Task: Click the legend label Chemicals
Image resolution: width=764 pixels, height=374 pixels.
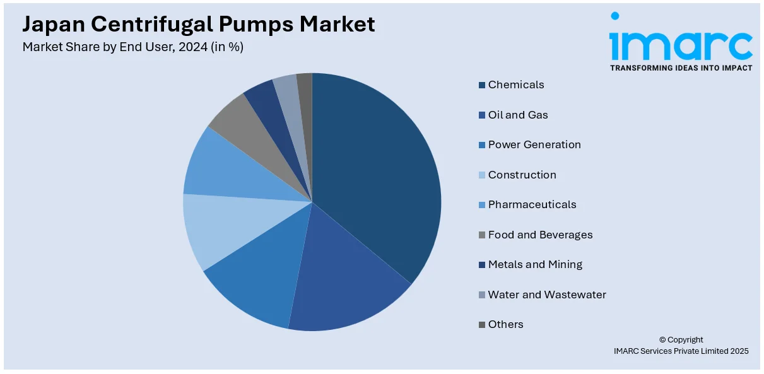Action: click(515, 85)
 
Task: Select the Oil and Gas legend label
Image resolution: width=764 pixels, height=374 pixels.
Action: click(518, 115)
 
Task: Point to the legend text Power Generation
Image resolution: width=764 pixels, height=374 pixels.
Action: click(534, 144)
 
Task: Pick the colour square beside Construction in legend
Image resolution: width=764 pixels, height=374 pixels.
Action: click(482, 175)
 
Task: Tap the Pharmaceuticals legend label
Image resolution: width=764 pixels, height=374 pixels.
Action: click(532, 204)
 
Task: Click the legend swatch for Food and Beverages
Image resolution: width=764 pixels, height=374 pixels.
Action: click(482, 235)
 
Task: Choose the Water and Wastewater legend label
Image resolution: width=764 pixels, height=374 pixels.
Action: click(547, 295)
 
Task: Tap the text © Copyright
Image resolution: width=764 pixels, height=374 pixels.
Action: click(681, 339)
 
